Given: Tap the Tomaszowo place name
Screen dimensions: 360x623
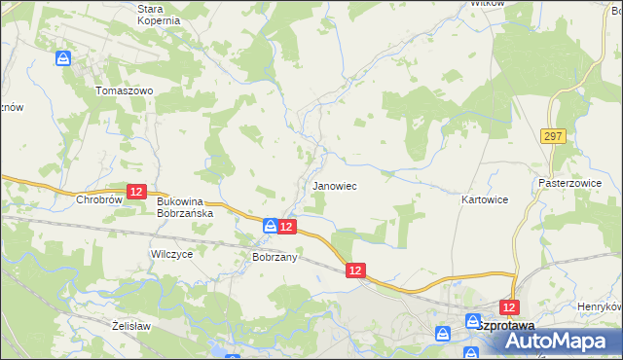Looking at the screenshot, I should (124, 90).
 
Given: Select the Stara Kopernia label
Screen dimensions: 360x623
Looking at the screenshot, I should (158, 14).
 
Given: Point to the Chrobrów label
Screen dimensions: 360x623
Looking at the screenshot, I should (96, 199).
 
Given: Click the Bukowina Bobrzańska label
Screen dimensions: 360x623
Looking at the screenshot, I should (184, 205).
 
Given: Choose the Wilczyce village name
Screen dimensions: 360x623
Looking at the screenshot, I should (171, 253).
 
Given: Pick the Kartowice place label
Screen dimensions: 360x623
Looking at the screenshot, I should (484, 198).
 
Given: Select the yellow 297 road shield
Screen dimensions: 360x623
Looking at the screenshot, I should (555, 135).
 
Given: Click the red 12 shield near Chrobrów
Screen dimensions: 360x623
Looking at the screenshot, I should (136, 192).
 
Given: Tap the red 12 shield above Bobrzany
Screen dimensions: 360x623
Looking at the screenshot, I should (286, 226).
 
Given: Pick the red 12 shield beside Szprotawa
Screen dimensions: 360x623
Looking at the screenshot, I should (507, 306).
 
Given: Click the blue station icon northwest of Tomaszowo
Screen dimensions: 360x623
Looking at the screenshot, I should (63, 58).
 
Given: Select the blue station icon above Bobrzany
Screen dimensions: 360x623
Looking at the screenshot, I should (270, 226).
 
